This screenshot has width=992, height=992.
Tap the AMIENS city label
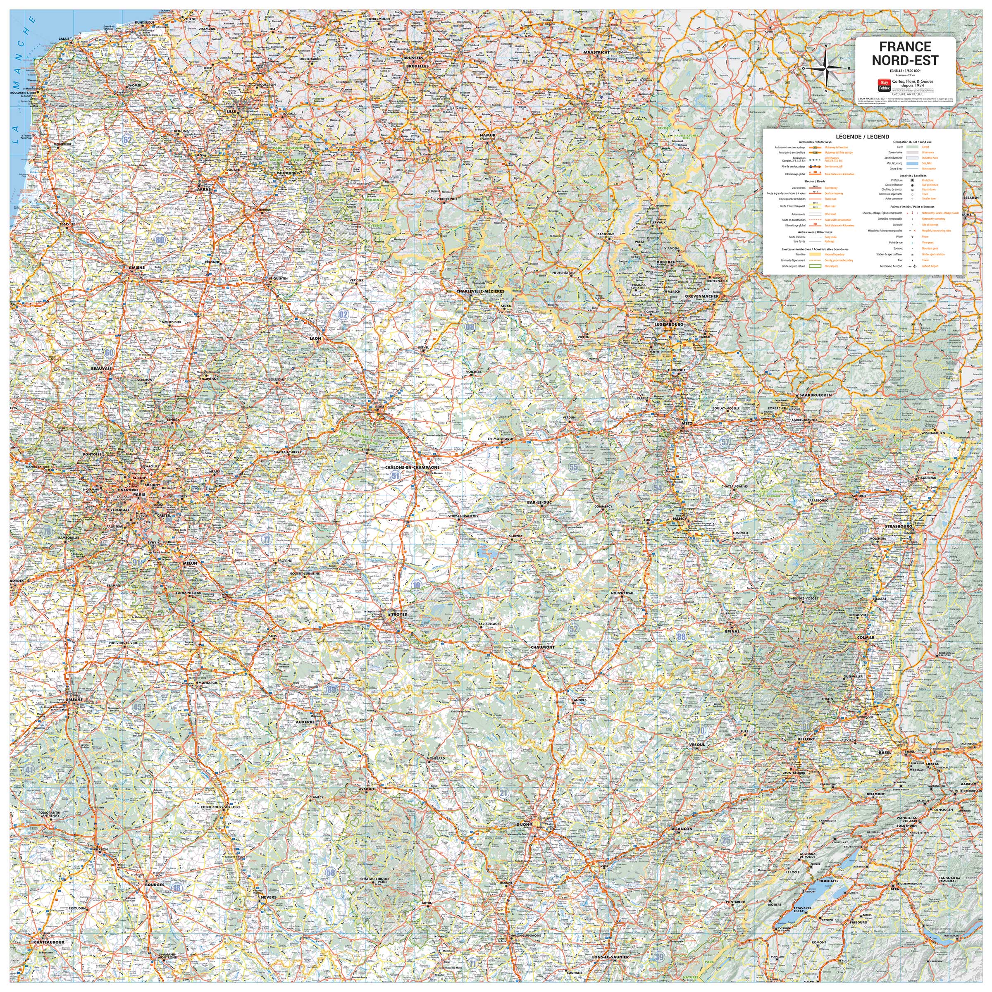click(x=136, y=267)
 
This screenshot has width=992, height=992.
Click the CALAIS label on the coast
click(x=64, y=39)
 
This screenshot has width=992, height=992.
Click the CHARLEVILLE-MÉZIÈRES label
click(x=480, y=291)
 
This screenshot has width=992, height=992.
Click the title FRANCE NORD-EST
click(x=905, y=53)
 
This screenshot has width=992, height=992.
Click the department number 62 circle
click(x=127, y=140)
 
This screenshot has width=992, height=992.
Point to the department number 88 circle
click(x=681, y=637)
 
